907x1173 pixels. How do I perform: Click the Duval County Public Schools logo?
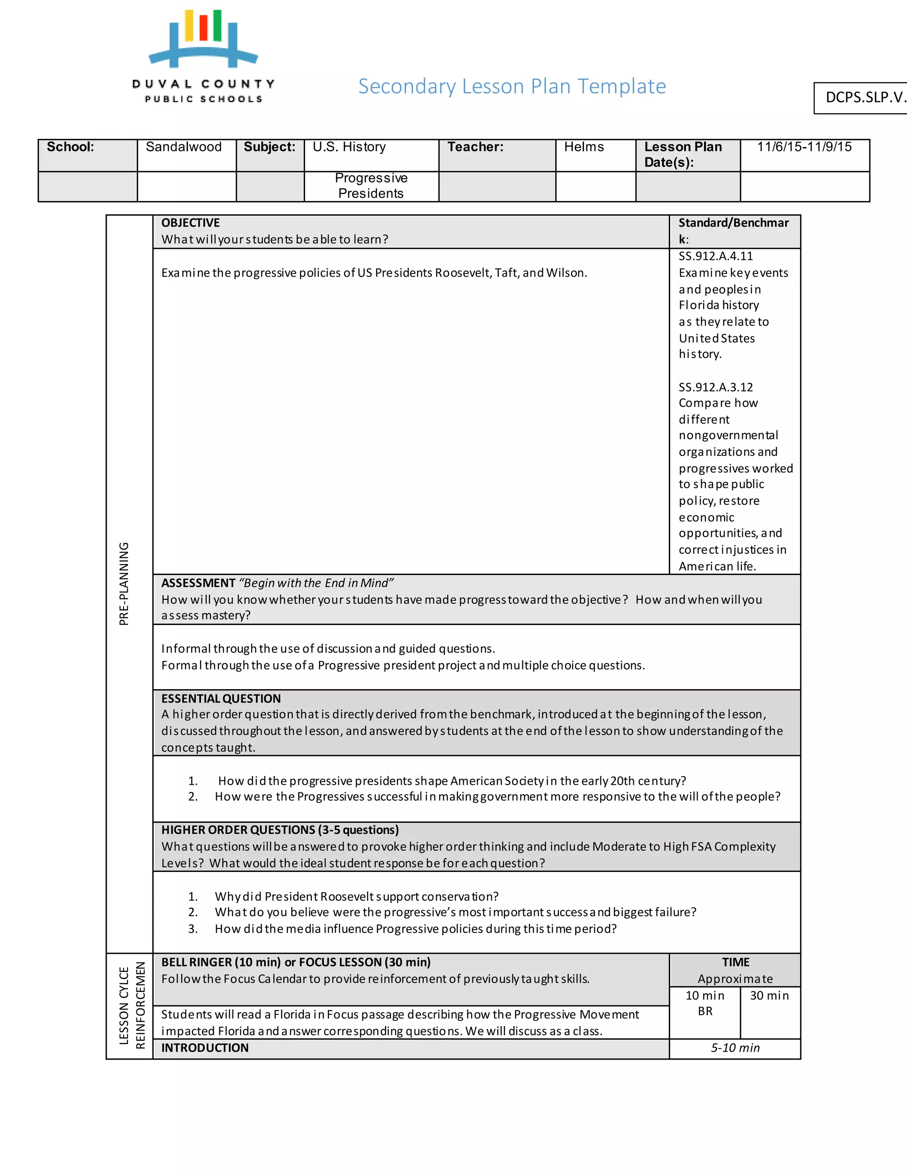pos(203,56)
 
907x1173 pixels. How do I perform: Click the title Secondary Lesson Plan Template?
pos(512,86)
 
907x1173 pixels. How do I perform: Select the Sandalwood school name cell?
pos(184,147)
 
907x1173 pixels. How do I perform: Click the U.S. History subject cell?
pos(349,147)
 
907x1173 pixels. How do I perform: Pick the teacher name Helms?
pos(584,147)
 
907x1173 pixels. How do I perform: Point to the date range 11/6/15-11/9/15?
pos(804,147)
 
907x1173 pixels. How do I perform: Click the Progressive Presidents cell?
pos(371,186)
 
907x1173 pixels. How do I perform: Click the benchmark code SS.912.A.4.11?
pos(715,256)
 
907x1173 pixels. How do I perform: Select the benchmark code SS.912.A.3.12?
pos(715,387)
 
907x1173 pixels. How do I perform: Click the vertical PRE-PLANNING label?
pos(124,583)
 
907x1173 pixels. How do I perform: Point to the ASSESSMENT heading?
pos(198,583)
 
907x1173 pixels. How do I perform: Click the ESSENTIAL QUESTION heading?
pos(221,699)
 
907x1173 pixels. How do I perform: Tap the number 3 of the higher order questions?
pos(193,929)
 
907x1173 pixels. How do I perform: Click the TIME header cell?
pos(735,962)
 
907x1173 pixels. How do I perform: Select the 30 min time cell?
pos(769,996)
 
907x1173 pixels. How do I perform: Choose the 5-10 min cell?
pos(735,1048)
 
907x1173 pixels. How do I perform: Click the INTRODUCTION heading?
pos(205,1048)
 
